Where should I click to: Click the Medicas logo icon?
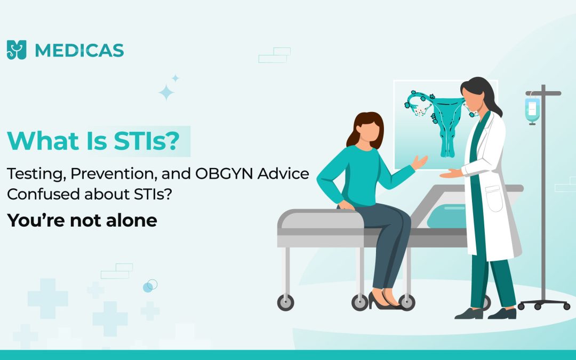click(17, 50)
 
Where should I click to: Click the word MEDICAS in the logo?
click(79, 50)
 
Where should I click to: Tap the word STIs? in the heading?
click(147, 141)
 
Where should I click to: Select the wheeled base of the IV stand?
click(543, 304)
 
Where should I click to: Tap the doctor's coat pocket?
click(494, 199)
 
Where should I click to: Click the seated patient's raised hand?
click(419, 162)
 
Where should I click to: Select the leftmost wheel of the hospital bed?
click(285, 302)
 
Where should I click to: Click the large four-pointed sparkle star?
click(166, 92)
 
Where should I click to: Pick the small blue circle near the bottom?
click(148, 287)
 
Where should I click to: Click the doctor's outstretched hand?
click(451, 173)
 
